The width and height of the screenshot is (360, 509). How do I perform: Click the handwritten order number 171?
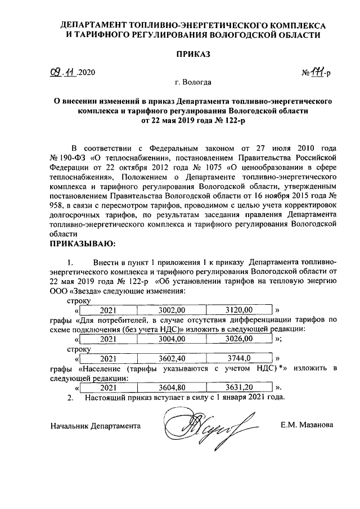click(318, 71)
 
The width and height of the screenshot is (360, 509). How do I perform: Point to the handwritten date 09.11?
click(62, 73)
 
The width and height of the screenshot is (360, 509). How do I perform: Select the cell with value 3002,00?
click(172, 310)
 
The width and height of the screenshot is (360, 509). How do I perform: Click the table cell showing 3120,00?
click(239, 310)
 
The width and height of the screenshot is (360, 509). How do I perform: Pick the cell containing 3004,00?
click(172, 339)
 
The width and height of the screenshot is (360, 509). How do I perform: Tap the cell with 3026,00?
click(239, 339)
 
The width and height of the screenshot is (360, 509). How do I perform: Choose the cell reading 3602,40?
click(172, 358)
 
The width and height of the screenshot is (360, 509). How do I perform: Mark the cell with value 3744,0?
click(239, 358)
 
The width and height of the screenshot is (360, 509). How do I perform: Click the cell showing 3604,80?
click(172, 387)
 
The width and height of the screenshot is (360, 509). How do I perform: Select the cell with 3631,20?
click(239, 387)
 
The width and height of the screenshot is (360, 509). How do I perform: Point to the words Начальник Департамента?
click(95, 426)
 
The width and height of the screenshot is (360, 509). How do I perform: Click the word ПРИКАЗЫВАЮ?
click(83, 244)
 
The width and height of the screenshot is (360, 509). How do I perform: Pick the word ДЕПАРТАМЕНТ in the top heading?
click(94, 25)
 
